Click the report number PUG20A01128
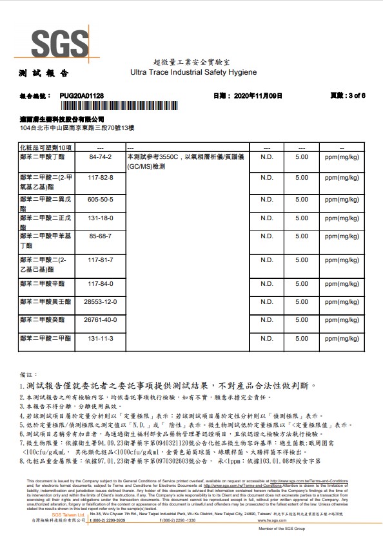(x=81, y=95)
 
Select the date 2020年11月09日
(x=256, y=95)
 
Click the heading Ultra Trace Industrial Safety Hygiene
(x=193, y=73)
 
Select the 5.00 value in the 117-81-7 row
(x=301, y=260)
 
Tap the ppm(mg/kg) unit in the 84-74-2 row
(x=342, y=157)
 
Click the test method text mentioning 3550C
(x=182, y=161)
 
